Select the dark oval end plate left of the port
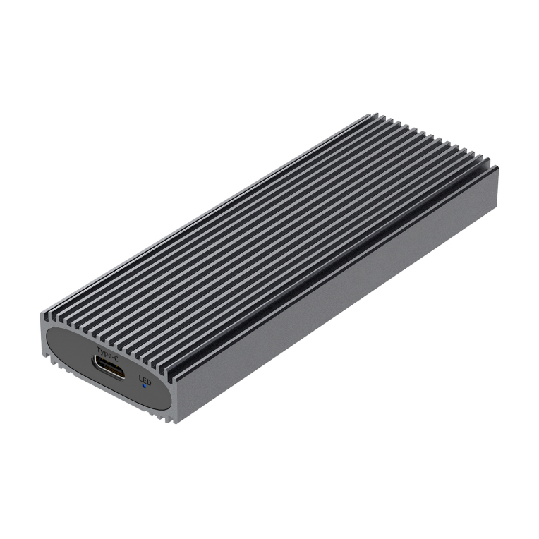point(67,350)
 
